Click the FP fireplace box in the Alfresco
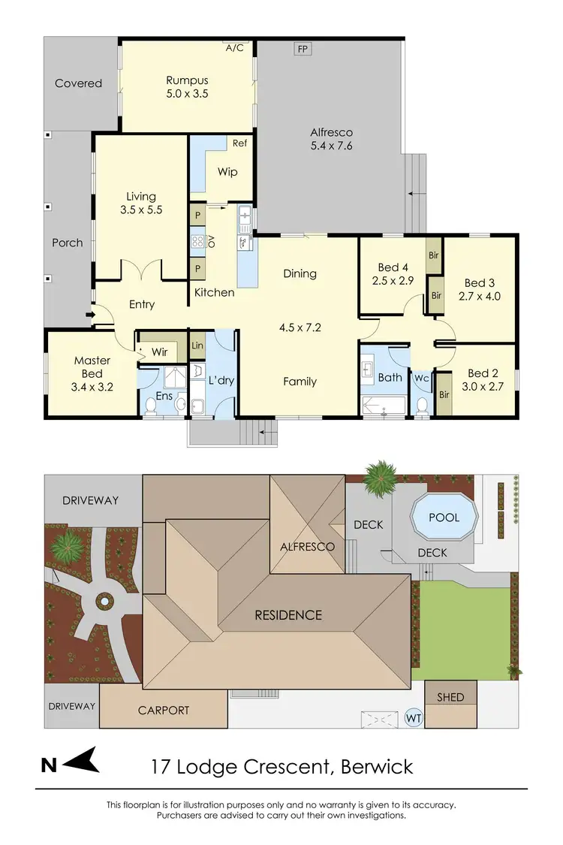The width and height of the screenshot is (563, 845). [303, 49]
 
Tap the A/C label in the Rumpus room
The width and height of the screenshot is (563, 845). [234, 47]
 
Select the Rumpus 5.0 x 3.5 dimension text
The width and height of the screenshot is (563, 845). [187, 94]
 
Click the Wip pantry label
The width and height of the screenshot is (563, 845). [227, 172]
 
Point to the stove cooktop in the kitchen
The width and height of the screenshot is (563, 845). [198, 241]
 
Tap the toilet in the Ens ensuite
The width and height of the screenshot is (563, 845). [150, 406]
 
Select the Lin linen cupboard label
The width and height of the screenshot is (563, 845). [197, 346]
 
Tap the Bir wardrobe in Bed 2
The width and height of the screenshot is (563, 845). [444, 394]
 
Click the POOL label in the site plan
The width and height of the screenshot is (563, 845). [444, 518]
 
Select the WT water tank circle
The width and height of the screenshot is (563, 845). [414, 717]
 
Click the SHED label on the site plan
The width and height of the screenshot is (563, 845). [450, 697]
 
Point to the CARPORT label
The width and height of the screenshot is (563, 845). [163, 710]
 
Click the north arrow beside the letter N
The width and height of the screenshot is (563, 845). [82, 764]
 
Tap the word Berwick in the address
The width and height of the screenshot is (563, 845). [377, 767]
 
